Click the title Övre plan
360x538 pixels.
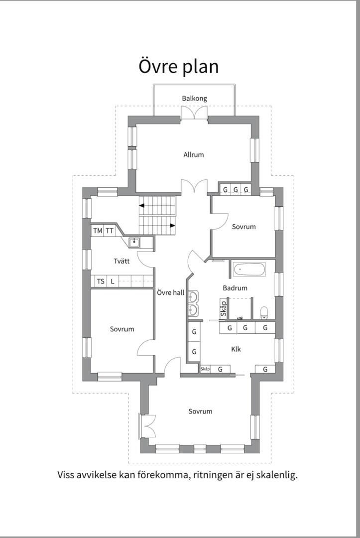click(x=178, y=67)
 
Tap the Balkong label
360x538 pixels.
click(x=194, y=99)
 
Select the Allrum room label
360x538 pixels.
click(x=193, y=155)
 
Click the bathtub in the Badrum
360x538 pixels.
click(x=249, y=269)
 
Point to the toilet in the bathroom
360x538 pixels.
click(x=264, y=312)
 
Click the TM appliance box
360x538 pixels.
click(x=98, y=231)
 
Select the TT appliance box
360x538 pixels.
click(x=110, y=231)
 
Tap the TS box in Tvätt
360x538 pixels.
click(x=101, y=281)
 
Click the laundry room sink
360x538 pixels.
click(x=134, y=242)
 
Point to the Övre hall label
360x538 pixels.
click(x=170, y=293)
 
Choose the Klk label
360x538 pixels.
click(x=236, y=349)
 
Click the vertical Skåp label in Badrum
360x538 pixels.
click(x=224, y=309)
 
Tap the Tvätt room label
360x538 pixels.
click(x=121, y=261)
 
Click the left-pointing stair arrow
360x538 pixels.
click(x=141, y=206)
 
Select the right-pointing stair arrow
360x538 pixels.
click(x=173, y=226)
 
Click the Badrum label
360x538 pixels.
click(x=235, y=288)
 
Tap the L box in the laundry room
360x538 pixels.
click(x=113, y=281)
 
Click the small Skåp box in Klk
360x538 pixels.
click(x=205, y=369)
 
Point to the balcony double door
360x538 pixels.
click(x=194, y=113)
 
